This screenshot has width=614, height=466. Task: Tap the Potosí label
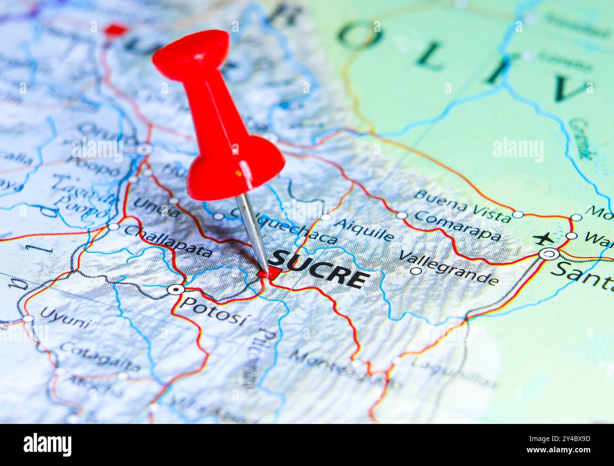(213, 311)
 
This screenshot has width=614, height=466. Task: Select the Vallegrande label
(448, 268)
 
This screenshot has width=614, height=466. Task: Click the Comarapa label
(457, 226)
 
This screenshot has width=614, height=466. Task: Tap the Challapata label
(168, 241)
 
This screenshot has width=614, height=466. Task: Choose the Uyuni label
(65, 317)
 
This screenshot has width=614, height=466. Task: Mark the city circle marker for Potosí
(176, 289)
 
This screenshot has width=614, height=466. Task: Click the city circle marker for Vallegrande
(416, 271)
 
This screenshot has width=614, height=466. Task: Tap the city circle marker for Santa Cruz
(549, 254)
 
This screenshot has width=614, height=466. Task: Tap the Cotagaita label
(100, 357)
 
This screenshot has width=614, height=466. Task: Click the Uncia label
(156, 207)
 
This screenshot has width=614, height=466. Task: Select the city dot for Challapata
(113, 227)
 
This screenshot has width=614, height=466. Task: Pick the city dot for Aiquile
(326, 217)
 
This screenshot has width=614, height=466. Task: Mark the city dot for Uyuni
(28, 319)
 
